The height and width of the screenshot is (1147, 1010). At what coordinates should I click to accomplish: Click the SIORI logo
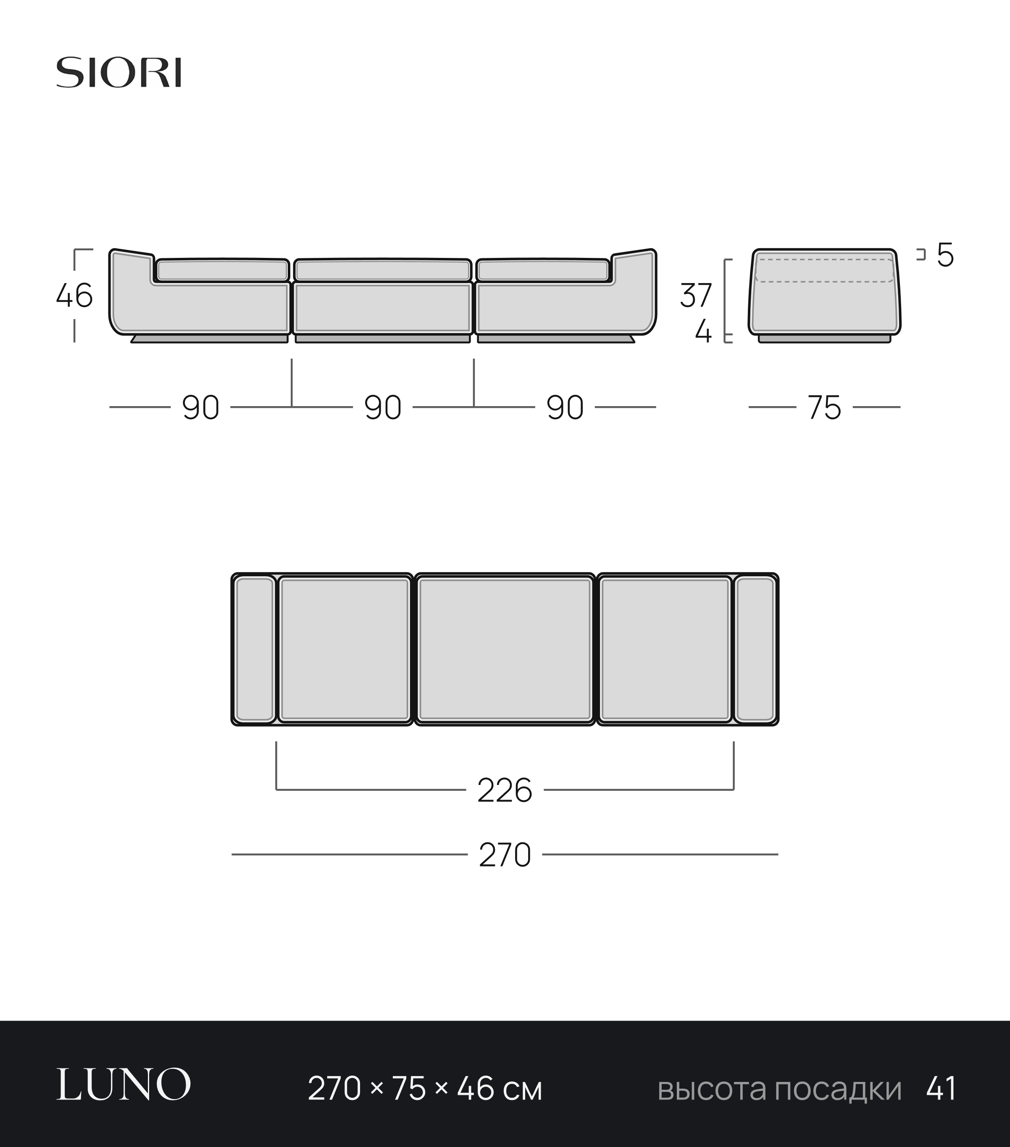pos(118,72)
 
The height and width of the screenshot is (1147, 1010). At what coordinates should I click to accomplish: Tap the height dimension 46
pos(75,296)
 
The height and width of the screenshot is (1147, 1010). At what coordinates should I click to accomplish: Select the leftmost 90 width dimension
pos(200,408)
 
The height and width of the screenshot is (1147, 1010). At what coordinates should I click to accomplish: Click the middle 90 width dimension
pos(383,408)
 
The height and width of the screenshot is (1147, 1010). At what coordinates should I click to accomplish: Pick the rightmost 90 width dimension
pos(565,408)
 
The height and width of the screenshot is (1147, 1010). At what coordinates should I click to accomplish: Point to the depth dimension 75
pos(825,408)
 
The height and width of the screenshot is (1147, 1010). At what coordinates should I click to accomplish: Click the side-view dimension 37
pos(696,296)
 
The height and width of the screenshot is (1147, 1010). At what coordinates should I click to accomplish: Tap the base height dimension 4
pos(703,333)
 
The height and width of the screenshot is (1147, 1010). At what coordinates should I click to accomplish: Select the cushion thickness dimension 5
pos(945,255)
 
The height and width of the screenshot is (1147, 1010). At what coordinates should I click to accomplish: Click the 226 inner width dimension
pos(505,791)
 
